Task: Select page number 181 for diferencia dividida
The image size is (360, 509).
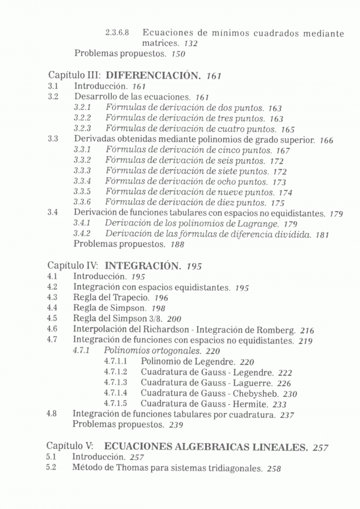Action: [x=322, y=234]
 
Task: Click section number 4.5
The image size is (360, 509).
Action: [x=52, y=319]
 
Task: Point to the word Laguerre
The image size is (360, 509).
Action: [x=253, y=383]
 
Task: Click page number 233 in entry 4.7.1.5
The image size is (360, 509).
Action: [x=280, y=405]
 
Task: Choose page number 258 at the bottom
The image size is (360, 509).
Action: [x=274, y=469]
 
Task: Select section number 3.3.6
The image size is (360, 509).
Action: [x=82, y=203]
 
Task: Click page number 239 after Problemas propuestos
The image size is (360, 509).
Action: [x=176, y=425]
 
